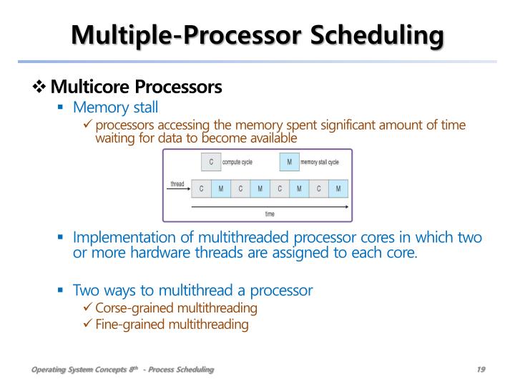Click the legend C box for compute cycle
pyautogui.click(x=211, y=162)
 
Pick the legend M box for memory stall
pyautogui.click(x=288, y=162)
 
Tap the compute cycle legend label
pyautogui.click(x=241, y=162)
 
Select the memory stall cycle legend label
pyautogui.click(x=319, y=162)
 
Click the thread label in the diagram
pyautogui.click(x=177, y=184)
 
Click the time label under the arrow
pyautogui.click(x=269, y=214)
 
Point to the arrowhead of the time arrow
pyautogui.click(x=345, y=206)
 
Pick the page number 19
pyautogui.click(x=481, y=369)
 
